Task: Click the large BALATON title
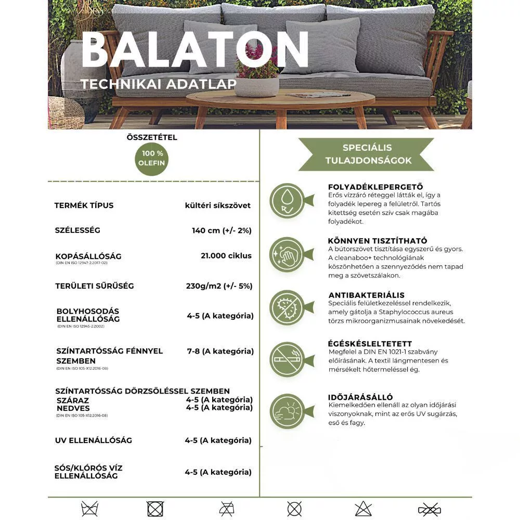pos(195,49)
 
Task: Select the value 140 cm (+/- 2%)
pos(222,230)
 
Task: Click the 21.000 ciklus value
pos(226,255)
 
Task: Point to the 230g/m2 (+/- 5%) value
pos(219,285)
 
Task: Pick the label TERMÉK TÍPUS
pos(84,205)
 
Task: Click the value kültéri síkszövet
pos(217,205)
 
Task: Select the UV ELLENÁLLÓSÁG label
pos(94,440)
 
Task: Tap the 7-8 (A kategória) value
pos(220,351)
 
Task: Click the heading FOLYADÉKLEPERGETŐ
pos(375,187)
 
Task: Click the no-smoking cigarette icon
pos(287,359)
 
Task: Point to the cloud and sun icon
pos(287,411)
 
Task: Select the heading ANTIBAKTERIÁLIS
pos(366,295)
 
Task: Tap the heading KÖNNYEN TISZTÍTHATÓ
pos(378,241)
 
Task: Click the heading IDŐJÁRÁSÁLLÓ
pos(360,397)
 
